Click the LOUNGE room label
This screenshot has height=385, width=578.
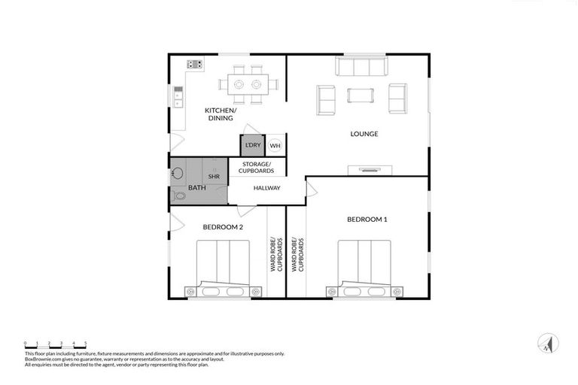[x=364, y=135]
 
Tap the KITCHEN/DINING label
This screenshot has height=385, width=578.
[x=221, y=114]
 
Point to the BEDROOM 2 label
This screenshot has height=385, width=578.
[x=223, y=226]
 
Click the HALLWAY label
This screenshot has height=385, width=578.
[x=267, y=188]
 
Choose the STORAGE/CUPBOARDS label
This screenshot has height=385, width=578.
[x=257, y=167]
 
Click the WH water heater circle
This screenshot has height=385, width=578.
[x=275, y=145]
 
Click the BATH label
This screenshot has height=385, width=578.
[x=196, y=187]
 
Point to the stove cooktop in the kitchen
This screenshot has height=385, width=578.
[x=195, y=65]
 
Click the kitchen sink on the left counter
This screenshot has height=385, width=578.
[x=178, y=95]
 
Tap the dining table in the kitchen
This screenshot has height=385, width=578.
[x=248, y=83]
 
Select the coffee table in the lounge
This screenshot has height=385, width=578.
[x=360, y=95]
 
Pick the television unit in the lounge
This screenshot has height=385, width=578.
[x=369, y=170]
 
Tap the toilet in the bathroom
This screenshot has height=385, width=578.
[x=178, y=196]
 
